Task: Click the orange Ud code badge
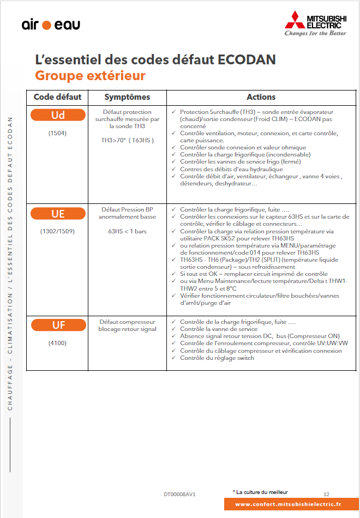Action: [58, 115]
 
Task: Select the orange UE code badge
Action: [58, 213]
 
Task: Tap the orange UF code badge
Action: [58, 326]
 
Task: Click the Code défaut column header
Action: [57, 97]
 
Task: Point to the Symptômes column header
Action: [127, 97]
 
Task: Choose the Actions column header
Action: [261, 97]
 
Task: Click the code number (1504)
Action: [57, 132]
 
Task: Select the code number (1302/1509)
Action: [57, 231]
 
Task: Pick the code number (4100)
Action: [57, 344]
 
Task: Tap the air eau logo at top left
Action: [51, 25]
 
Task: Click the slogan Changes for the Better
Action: [315, 33]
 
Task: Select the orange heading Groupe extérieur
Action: [90, 75]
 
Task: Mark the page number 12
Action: [326, 493]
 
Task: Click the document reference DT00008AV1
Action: [179, 494]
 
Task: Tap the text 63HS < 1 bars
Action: [128, 231]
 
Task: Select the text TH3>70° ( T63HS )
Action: [128, 140]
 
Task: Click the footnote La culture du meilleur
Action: [262, 492]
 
